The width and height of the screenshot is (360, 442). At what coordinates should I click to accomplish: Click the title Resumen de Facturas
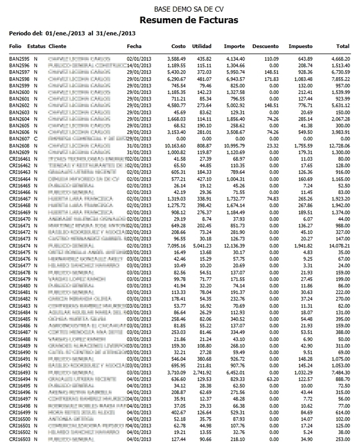click(x=180, y=21)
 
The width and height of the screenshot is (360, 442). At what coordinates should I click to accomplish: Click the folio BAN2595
click(x=20, y=57)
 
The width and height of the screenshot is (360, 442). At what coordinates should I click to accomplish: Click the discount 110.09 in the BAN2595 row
click(x=270, y=57)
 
